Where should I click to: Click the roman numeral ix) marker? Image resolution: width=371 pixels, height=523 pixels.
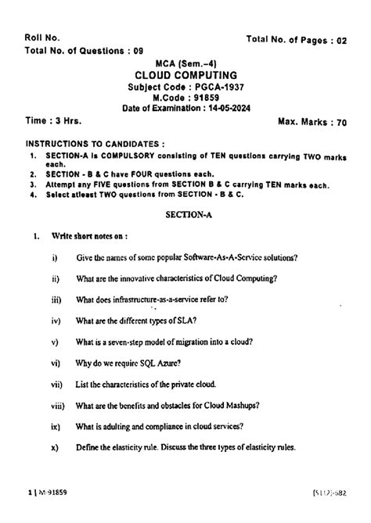coord(55,427)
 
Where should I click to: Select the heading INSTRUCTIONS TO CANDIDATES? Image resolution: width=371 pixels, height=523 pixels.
coord(95,145)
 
